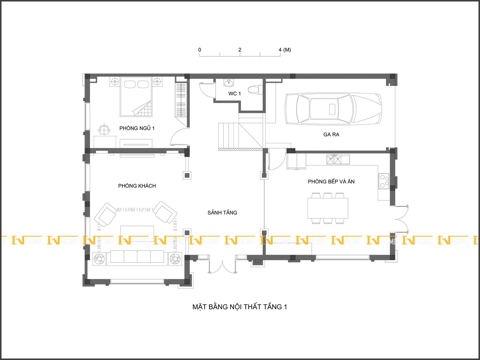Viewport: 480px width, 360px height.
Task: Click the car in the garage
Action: pos(333,109)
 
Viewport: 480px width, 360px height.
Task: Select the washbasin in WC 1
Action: pos(229,83)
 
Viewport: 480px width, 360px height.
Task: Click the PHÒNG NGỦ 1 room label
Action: pos(137,128)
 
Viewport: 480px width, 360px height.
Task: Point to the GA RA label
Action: pos(331,134)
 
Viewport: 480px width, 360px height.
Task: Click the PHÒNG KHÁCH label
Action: pos(137,186)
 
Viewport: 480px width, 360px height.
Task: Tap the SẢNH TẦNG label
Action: pos(222,212)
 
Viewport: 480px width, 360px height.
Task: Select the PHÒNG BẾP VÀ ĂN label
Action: pos(331,181)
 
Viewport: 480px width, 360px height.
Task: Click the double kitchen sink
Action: pos(338,159)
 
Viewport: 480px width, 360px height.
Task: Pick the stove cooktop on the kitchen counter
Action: pos(384,181)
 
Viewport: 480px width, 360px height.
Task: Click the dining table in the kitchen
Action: pos(328,208)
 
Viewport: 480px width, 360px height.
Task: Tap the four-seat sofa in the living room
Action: pos(137,258)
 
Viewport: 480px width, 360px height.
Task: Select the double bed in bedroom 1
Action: pos(136,97)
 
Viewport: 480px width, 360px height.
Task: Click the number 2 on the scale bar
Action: pos(240,49)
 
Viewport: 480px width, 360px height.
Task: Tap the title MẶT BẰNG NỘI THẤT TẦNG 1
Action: pos(240,307)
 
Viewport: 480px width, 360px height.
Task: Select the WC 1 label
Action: pos(234,94)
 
